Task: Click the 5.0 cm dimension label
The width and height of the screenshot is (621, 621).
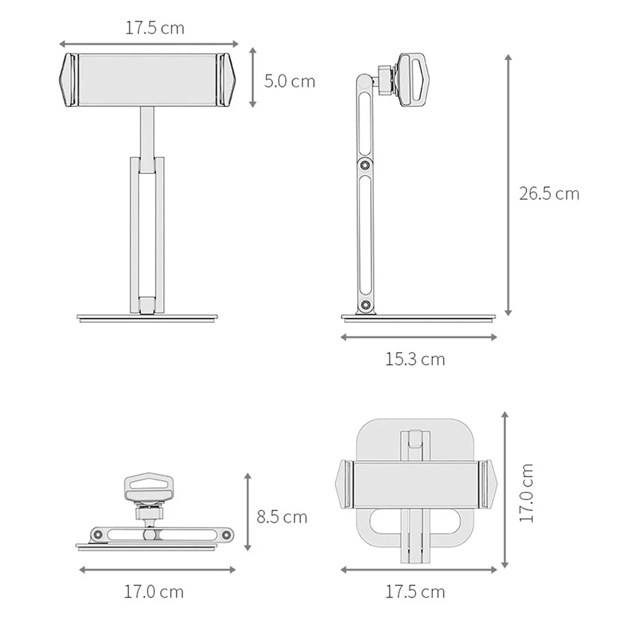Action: click(x=289, y=81)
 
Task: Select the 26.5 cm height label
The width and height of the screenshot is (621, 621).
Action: click(x=549, y=194)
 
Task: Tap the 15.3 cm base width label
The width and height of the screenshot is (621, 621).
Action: click(x=415, y=359)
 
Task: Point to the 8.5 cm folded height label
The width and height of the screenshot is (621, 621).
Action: click(x=281, y=517)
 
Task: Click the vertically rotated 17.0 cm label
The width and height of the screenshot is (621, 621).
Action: click(x=527, y=492)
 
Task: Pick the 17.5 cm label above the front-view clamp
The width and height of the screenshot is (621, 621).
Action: click(x=155, y=28)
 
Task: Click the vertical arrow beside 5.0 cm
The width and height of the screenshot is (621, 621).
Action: click(x=253, y=77)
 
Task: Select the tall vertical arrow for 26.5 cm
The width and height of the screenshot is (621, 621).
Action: click(x=509, y=185)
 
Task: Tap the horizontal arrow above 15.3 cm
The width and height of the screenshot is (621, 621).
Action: click(x=419, y=337)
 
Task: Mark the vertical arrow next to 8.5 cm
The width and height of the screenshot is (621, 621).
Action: click(x=248, y=512)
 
